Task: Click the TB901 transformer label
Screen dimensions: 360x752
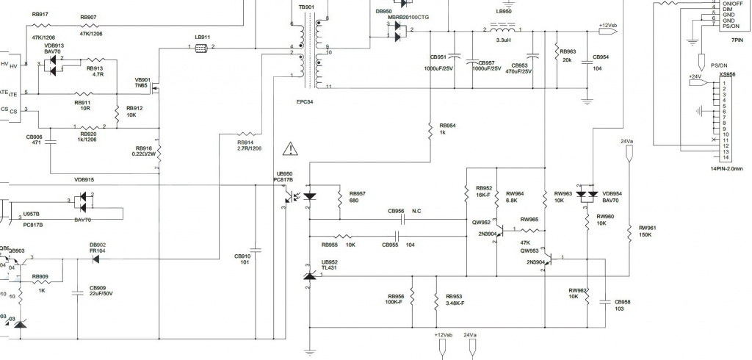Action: coord(306,7)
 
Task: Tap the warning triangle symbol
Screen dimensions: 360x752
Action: coord(292,149)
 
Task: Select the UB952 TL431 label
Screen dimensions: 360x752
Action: coord(329,265)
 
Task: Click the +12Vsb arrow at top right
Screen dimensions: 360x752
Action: coord(608,27)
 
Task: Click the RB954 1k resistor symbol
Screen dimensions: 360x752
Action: coord(430,129)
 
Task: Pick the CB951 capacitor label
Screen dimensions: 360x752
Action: coord(438,57)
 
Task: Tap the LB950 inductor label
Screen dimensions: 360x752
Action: coord(504,12)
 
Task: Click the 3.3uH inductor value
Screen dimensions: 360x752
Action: coord(504,41)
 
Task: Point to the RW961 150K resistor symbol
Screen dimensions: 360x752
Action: coord(630,231)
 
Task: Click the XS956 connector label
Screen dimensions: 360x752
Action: coord(727,74)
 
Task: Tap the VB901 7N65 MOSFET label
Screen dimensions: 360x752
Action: coord(142,82)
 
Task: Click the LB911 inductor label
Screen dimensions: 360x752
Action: coord(202,37)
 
